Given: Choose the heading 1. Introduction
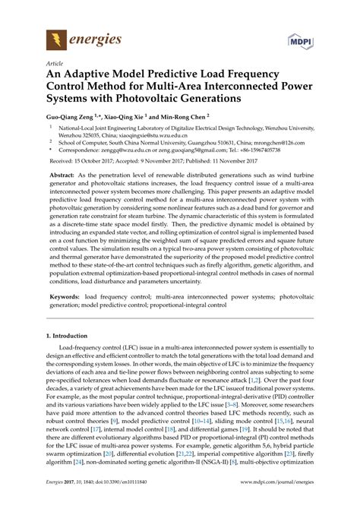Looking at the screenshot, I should click(71, 335).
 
